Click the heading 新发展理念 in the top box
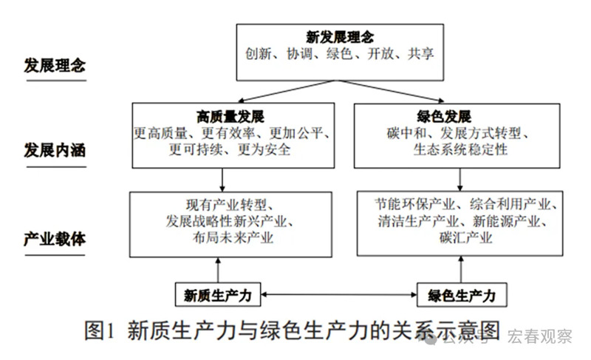(x=340, y=36)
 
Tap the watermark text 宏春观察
(x=540, y=337)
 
